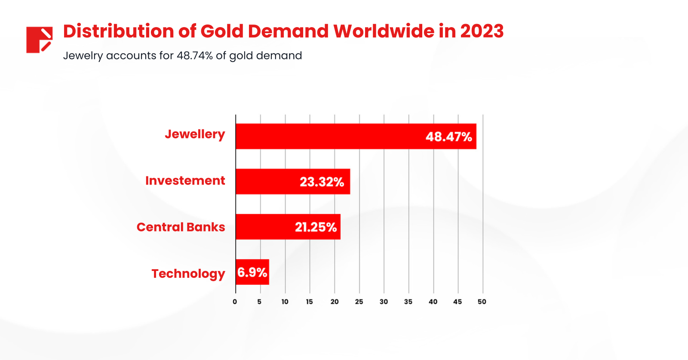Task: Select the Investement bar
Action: tap(267, 182)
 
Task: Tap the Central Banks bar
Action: tap(262, 227)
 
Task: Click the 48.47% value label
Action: tap(448, 137)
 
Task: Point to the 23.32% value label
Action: tap(322, 182)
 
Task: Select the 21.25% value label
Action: tap(316, 227)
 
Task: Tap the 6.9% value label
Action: tap(252, 272)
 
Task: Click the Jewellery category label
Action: tap(195, 134)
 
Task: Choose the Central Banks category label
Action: tap(181, 227)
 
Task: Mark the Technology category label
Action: tap(188, 274)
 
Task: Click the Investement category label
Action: tap(185, 181)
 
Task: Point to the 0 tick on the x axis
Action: tap(235, 302)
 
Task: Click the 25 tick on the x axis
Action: tap(359, 302)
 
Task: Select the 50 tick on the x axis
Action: tap(482, 302)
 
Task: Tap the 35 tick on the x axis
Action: tap(408, 302)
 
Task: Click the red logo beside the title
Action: tap(39, 40)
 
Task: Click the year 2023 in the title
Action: tap(482, 31)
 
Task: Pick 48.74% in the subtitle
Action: tap(194, 55)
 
